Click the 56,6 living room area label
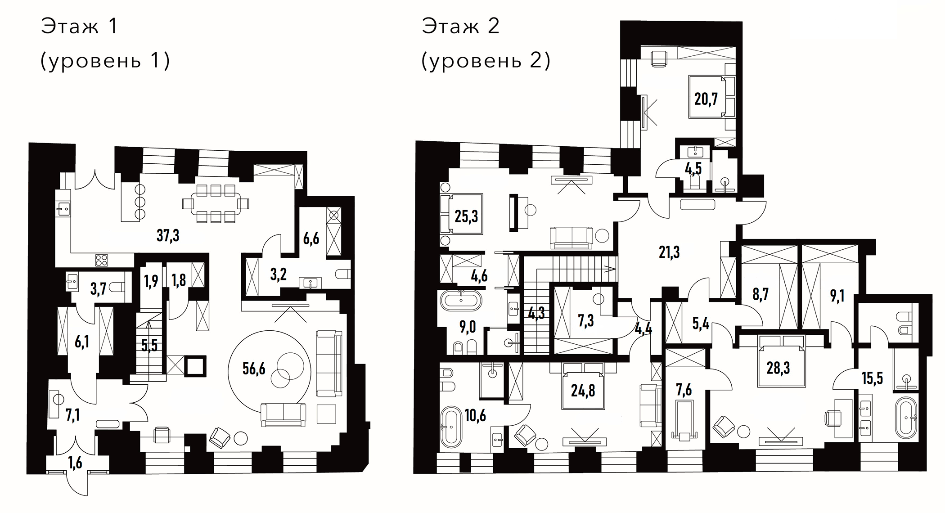click(x=254, y=369)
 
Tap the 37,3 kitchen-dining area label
click(x=168, y=235)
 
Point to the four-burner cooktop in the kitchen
click(x=101, y=260)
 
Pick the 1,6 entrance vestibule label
click(x=76, y=463)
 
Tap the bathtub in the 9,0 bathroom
click(x=461, y=301)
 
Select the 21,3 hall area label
click(x=669, y=252)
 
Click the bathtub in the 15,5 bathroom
click(x=905, y=417)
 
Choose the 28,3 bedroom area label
click(x=778, y=368)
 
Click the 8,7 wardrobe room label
click(x=760, y=294)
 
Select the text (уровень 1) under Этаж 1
click(x=105, y=60)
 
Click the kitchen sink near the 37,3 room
click(x=63, y=208)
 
